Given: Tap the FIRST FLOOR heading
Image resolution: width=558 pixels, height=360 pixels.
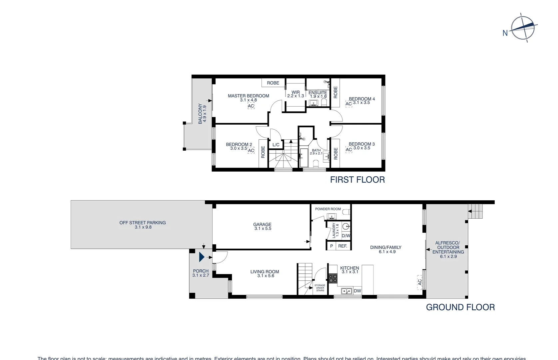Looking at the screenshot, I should (x=357, y=180).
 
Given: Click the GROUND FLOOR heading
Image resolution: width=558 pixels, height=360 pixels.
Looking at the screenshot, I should (x=460, y=307).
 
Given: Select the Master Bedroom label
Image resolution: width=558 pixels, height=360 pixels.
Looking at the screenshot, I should (x=249, y=96).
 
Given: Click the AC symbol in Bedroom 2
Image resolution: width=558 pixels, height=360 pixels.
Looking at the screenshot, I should (x=251, y=150).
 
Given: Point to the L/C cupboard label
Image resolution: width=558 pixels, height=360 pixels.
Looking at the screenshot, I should (x=276, y=145).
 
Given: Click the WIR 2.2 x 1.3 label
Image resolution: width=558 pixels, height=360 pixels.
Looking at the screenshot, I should (x=295, y=94).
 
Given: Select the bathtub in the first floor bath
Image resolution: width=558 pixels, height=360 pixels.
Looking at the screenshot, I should (x=304, y=158).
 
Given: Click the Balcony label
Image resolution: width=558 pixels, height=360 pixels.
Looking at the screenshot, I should (x=202, y=113).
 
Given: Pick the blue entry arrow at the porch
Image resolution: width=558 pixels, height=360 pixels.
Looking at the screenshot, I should (x=202, y=257).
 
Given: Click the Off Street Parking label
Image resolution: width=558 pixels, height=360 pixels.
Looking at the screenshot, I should (x=143, y=225).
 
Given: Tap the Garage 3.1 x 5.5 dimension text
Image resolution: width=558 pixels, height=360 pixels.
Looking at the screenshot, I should (x=263, y=229).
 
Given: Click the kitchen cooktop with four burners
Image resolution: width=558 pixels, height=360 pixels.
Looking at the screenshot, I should (x=333, y=278).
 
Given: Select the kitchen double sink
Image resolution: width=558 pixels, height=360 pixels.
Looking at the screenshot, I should (x=346, y=291).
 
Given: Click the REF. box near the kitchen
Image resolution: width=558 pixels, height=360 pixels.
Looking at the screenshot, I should (x=343, y=246).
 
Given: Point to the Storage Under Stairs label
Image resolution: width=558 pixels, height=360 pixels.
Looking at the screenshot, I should (x=320, y=288).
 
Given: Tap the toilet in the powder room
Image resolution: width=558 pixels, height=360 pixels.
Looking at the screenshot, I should (x=346, y=212).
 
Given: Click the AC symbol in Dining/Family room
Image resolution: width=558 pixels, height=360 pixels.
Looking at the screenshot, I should (x=420, y=282).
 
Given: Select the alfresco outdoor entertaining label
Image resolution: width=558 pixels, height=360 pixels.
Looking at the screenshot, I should (x=448, y=249).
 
